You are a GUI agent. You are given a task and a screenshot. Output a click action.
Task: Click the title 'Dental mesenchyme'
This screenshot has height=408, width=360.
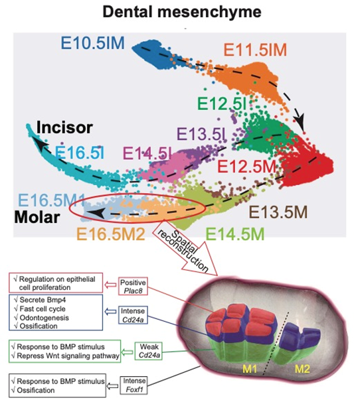182,12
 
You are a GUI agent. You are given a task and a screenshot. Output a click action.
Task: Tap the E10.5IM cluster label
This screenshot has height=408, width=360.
92,43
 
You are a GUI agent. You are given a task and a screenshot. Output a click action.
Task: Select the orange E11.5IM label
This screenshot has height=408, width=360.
255,50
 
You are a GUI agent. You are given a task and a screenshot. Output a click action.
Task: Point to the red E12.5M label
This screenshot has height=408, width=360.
246,167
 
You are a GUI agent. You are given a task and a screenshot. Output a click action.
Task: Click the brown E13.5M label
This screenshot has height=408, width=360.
278,212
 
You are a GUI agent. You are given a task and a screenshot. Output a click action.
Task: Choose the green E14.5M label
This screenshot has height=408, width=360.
235,234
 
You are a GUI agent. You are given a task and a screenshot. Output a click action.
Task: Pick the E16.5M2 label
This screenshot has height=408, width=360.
111,234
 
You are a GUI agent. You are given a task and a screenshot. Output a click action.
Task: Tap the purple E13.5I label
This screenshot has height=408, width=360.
202,134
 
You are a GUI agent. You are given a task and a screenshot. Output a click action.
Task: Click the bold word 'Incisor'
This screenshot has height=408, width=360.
64,127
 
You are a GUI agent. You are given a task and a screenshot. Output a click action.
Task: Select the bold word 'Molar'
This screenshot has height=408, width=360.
37,217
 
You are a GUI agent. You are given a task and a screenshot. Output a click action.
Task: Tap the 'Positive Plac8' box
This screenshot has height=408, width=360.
133,286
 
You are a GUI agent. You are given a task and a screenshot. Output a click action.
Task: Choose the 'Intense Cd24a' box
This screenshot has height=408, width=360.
133,315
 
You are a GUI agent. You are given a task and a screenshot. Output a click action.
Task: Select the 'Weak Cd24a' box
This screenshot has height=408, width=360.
149,351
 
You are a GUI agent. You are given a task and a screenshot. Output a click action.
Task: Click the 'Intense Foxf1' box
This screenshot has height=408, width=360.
134,385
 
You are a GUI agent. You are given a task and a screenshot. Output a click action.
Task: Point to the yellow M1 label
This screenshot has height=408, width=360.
250,369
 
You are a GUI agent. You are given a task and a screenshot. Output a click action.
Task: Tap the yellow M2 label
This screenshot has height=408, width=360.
302,369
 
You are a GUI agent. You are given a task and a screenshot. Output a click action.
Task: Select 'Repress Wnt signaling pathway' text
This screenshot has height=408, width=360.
68,356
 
